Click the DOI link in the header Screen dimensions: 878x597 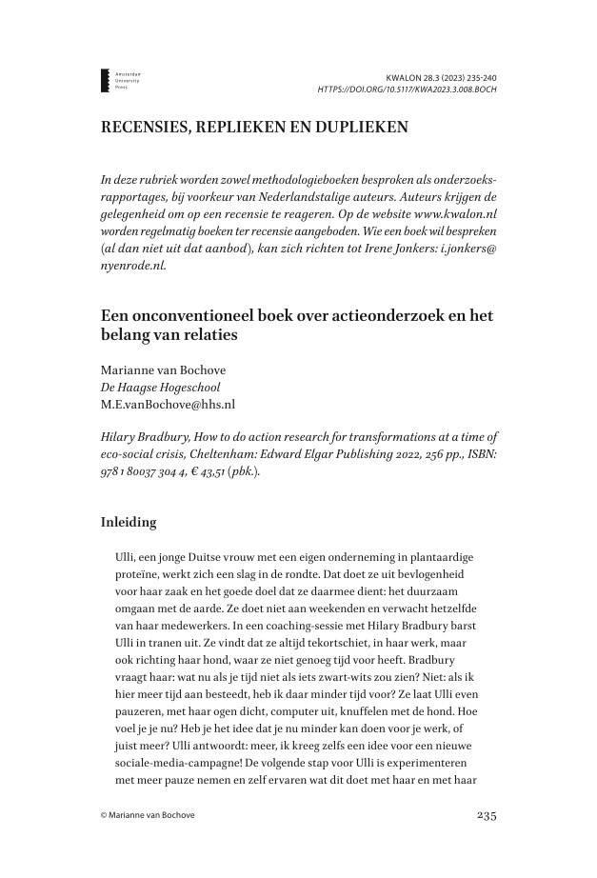pos(407,90)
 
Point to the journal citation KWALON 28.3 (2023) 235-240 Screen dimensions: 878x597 pos(441,75)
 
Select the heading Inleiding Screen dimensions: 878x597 pos(130,522)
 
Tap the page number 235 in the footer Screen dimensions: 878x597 pos(484,815)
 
